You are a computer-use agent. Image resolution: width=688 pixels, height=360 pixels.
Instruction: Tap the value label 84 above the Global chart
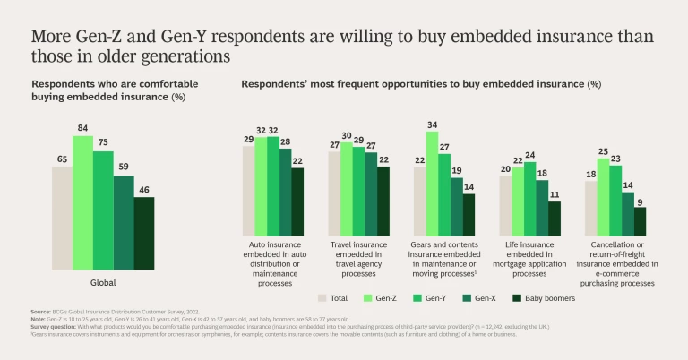(82, 127)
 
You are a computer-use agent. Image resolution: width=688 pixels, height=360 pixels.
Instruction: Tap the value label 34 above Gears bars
(432, 124)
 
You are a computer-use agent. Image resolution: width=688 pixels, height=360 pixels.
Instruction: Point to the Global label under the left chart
(103, 282)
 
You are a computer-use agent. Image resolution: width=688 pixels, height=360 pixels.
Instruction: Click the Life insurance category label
(529, 254)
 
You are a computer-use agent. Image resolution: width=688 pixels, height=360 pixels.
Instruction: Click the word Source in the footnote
(41, 311)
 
